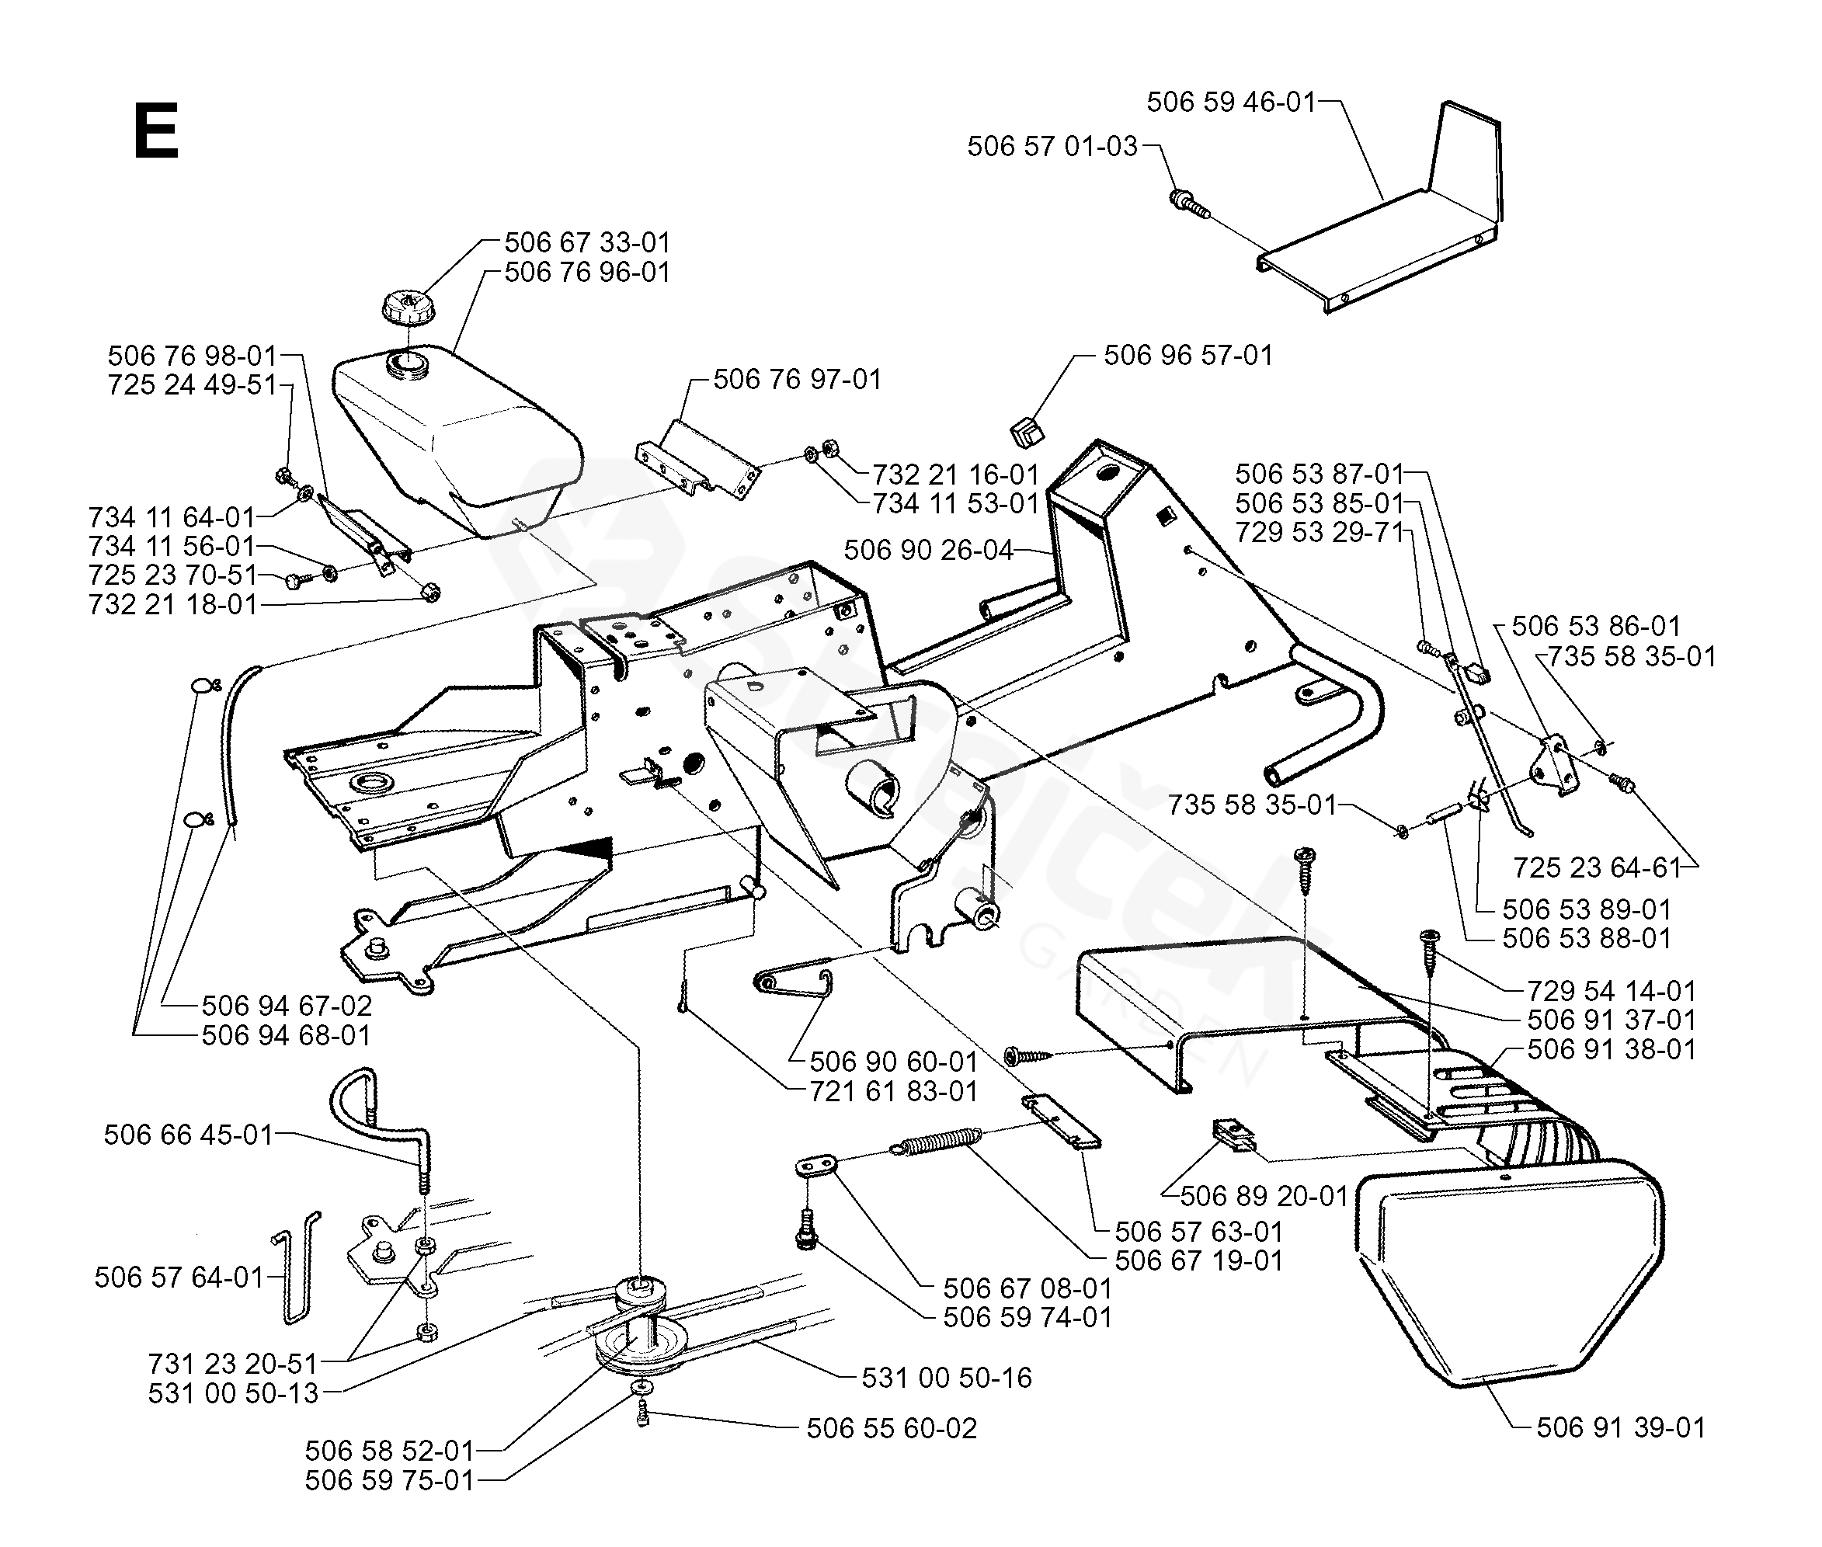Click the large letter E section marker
click(156, 130)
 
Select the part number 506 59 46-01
click(1231, 103)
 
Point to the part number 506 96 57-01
click(1187, 355)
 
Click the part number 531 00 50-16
click(946, 1378)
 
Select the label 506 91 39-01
click(1620, 1427)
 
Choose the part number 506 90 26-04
click(929, 550)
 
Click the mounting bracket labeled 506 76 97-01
click(697, 461)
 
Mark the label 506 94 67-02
click(287, 1005)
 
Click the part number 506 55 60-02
click(891, 1427)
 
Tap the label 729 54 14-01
click(1612, 991)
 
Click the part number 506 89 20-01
click(1264, 1196)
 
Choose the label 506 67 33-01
click(586, 242)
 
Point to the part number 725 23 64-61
click(1596, 867)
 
